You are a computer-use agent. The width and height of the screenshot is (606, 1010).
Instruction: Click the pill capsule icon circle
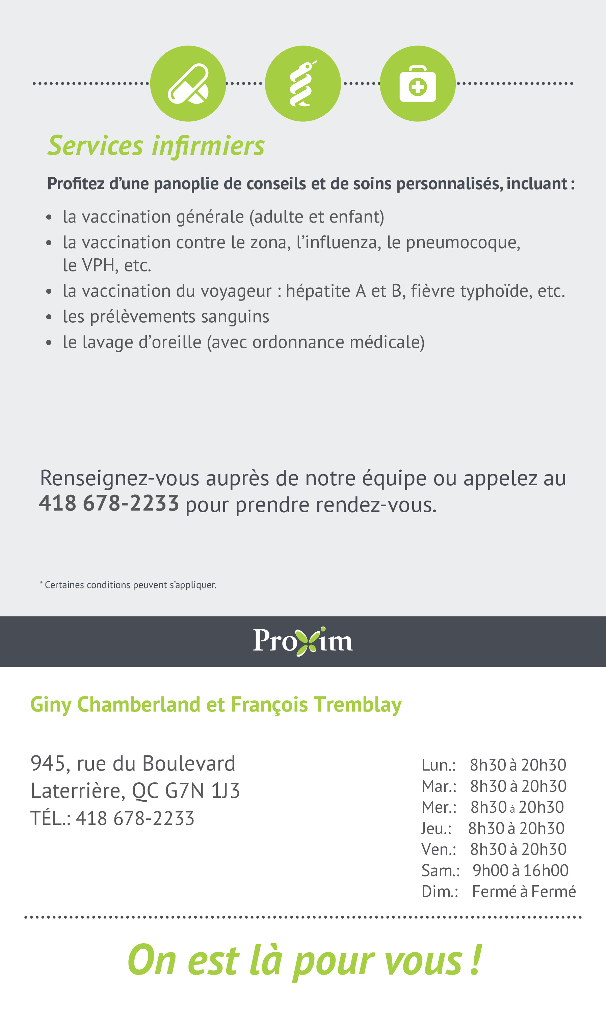coord(188,84)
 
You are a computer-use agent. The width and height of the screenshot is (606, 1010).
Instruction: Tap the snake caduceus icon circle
coord(302,84)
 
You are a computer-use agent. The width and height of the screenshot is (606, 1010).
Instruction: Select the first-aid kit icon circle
coord(417,84)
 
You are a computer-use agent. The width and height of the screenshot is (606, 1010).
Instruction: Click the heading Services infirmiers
coord(156,146)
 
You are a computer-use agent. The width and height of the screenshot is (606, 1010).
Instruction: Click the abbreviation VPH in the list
coord(98,265)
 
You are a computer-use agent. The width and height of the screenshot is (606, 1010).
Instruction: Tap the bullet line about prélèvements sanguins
coord(166,317)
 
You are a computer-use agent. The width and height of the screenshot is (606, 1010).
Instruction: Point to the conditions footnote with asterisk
coord(128,585)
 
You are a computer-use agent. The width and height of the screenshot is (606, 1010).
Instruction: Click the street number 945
coord(48,763)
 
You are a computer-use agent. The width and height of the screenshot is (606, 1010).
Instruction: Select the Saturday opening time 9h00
coord(490,870)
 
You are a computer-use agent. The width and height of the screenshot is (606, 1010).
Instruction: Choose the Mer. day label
coord(439,807)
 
